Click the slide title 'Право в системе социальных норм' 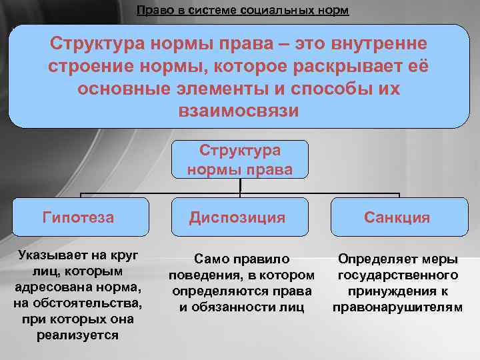click(242, 11)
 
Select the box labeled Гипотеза click(78, 217)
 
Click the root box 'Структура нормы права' click(239, 159)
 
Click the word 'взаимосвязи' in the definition click(239, 110)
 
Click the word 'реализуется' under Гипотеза click(78, 335)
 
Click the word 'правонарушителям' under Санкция click(398, 307)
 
